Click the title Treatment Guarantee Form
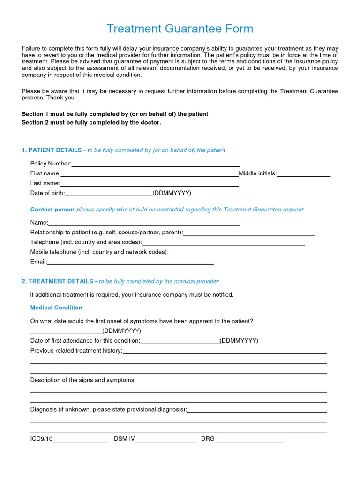180,29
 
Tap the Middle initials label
258,173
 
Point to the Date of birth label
47,193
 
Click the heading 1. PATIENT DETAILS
53,150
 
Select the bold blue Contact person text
52,210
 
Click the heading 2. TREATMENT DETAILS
59,281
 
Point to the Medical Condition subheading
56,307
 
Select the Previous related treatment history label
76,351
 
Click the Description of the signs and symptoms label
83,380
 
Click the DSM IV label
124,439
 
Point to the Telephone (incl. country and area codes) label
86,242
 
